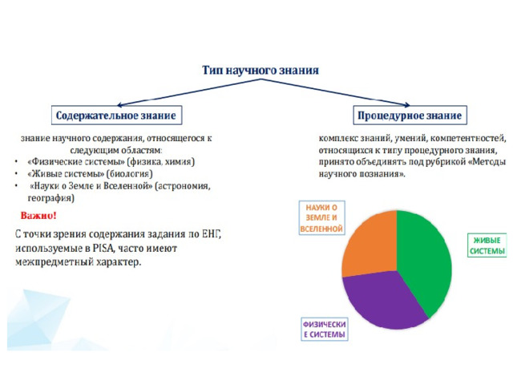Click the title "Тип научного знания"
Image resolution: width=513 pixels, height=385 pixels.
pos(261,71)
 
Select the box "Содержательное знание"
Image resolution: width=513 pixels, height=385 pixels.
pos(116,115)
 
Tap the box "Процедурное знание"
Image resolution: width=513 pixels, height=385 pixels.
pos(410,115)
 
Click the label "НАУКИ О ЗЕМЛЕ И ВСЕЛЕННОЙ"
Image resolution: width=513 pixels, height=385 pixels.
pos(322,218)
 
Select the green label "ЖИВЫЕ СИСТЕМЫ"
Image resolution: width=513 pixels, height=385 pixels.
pos(487,245)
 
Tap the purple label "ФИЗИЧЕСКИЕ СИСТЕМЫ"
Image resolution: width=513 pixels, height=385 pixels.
pos(324,330)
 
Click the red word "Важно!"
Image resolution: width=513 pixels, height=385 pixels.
pos(38,216)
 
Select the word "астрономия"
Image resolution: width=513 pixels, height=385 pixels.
pos(183,186)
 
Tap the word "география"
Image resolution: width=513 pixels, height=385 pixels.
pos(51,198)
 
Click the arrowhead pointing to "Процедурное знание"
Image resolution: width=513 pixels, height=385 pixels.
pos(406,105)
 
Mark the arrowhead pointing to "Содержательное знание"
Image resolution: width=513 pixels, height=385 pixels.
pos(120,105)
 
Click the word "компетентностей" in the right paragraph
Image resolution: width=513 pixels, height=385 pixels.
pos(468,138)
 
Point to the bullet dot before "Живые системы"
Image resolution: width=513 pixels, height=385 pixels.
pos(16,174)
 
